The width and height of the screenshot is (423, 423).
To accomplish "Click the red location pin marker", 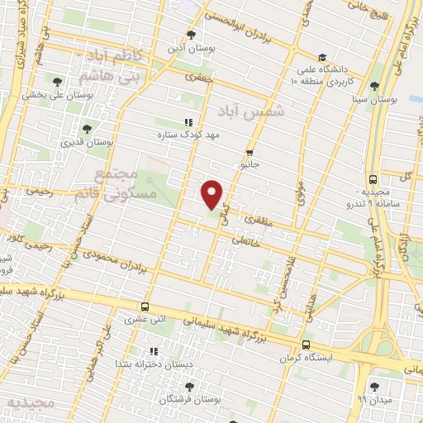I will (212, 192).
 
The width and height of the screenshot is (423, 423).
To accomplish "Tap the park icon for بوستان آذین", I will (192, 35).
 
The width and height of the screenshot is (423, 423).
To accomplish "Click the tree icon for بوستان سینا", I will (375, 86).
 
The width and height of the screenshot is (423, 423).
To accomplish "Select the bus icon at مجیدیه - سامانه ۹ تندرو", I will (373, 179).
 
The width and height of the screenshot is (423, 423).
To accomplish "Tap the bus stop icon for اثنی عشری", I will (145, 306).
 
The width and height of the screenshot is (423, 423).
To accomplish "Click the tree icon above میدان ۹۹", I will (375, 386).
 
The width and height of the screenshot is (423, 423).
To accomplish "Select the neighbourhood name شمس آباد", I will (250, 110).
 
